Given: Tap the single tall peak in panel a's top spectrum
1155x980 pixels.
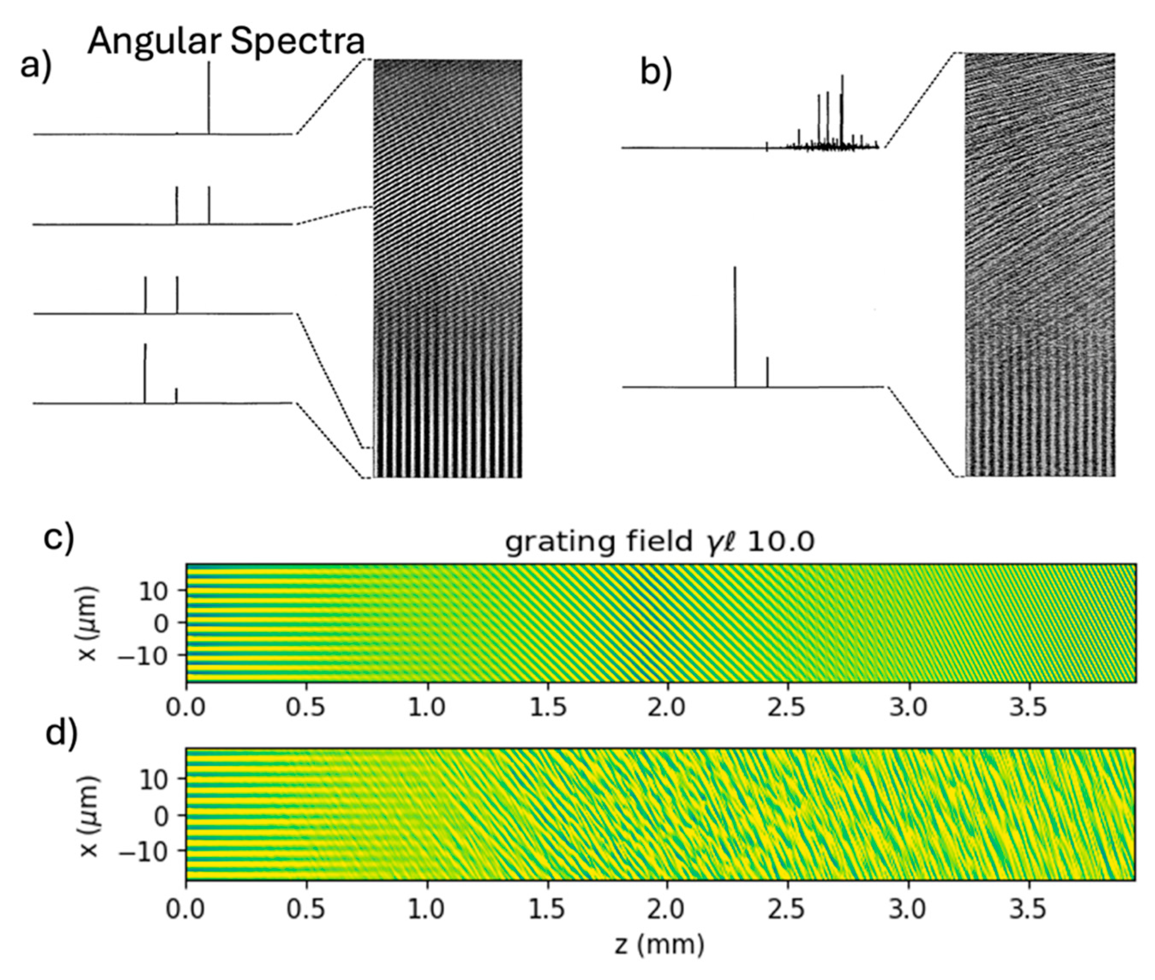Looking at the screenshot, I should pyautogui.click(x=209, y=97).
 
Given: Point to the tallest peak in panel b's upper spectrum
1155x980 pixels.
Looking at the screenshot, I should pyautogui.click(x=842, y=111).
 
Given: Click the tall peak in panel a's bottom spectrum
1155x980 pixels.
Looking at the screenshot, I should pyautogui.click(x=145, y=372).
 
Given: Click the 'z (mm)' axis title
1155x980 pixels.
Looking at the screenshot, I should pyautogui.click(x=660, y=944).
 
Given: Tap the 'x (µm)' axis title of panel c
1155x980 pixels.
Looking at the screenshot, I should pyautogui.click(x=88, y=624).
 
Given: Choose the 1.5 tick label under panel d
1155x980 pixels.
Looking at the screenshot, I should pyautogui.click(x=548, y=909).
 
